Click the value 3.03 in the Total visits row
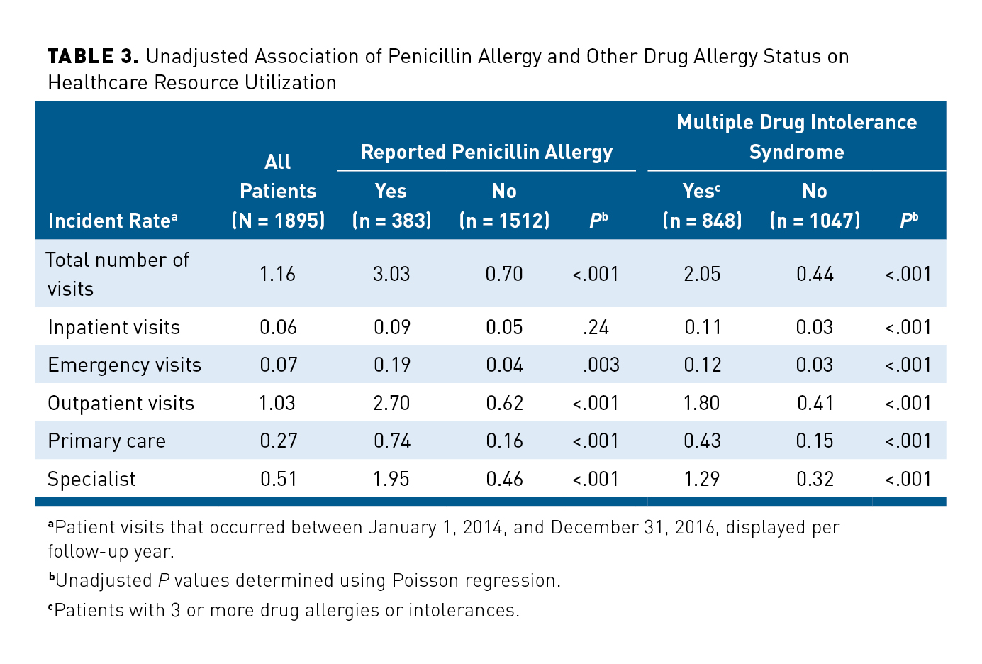coord(391,274)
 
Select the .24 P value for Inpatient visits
coord(596,327)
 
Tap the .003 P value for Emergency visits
coord(601,365)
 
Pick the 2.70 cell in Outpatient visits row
coord(391,403)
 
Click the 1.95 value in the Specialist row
coord(391,479)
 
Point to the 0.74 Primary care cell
coord(391,441)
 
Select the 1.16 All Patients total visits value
coord(277,274)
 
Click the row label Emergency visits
coord(124,365)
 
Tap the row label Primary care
coord(106,441)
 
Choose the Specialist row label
coord(91,479)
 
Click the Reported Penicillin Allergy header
coord(486,152)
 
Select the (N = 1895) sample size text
coord(278,221)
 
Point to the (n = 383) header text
coord(391,221)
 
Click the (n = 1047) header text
coord(815,221)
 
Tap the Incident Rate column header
coord(112,221)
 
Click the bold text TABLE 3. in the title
coord(93,57)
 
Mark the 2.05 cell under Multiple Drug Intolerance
coord(702,274)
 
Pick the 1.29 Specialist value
coord(702,479)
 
